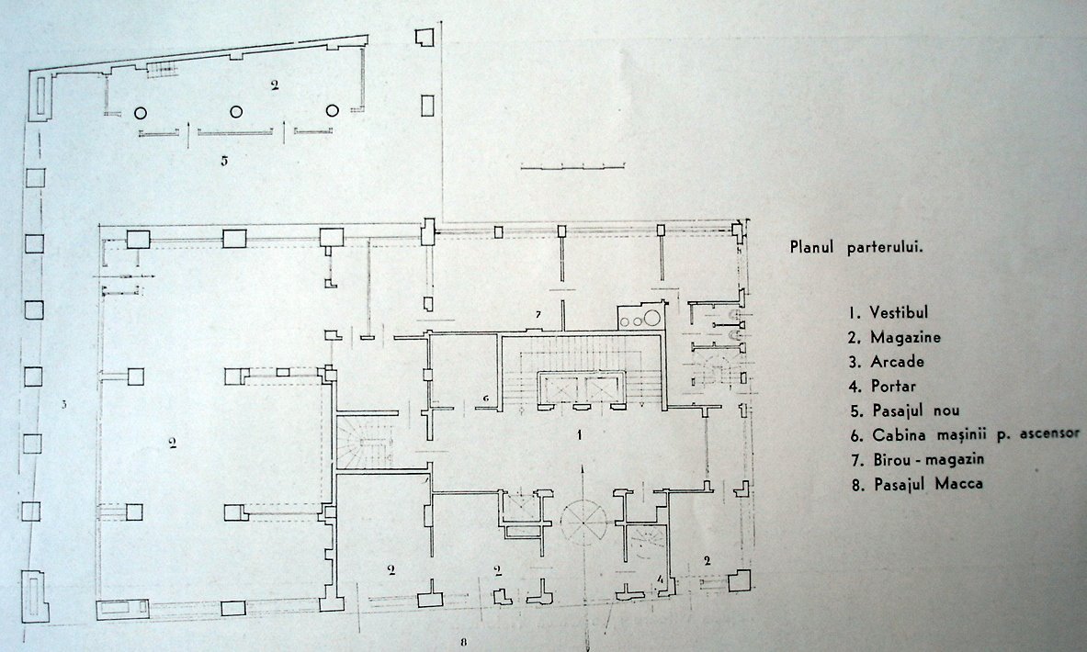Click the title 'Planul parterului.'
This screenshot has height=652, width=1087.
857,248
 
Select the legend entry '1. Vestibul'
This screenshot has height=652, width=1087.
889,312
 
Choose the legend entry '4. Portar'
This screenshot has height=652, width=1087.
883,386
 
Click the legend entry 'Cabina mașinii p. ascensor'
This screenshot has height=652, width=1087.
976,435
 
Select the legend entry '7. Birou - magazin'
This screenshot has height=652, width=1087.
918,459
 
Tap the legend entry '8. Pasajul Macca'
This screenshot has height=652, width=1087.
917,484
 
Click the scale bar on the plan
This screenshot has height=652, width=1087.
572,167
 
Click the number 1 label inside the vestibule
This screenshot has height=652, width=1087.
580,435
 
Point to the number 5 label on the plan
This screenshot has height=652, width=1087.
224,161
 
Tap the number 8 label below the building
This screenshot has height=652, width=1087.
463,642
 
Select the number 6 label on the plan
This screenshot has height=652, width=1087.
486,399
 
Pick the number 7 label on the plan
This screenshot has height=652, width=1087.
538,315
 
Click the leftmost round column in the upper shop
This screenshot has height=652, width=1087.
141,112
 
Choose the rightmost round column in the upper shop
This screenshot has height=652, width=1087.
333,111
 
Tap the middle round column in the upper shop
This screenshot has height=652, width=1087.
236,111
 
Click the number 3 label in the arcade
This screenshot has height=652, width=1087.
63,404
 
